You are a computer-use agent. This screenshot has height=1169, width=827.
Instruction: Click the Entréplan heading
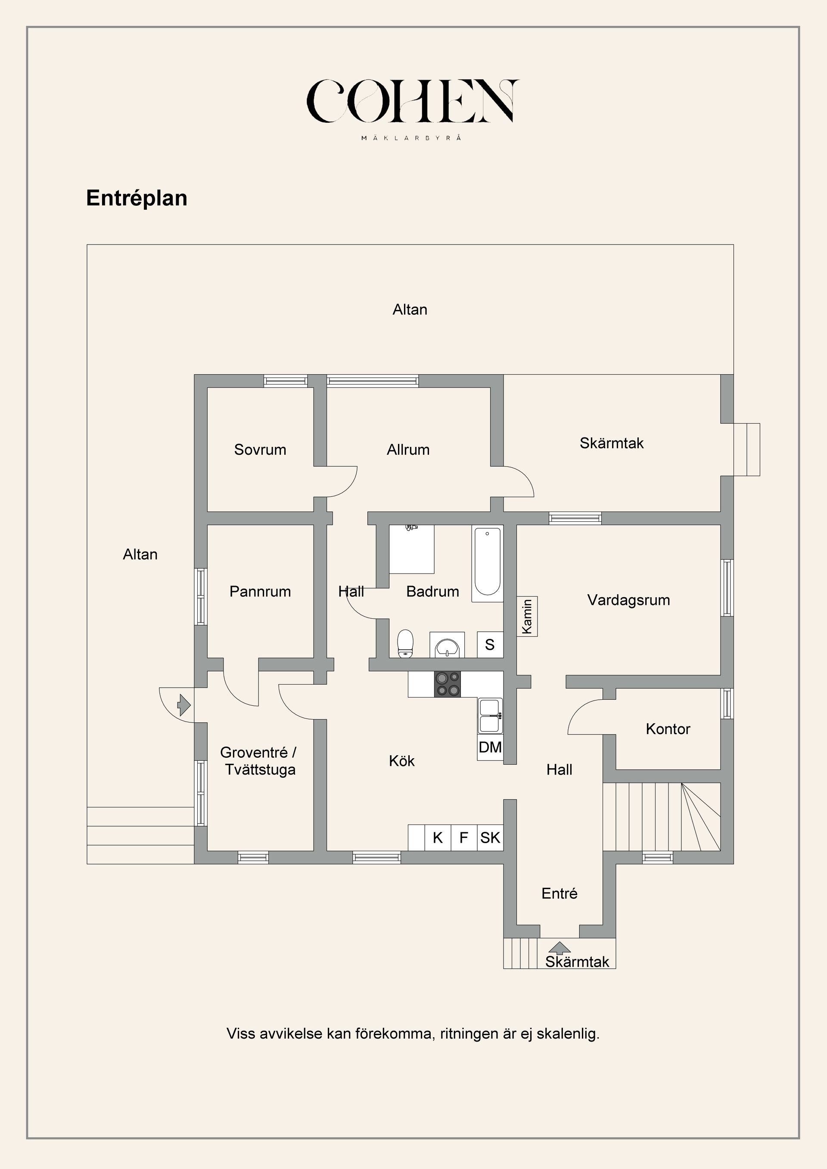click(x=137, y=198)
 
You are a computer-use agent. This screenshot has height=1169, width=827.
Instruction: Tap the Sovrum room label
click(x=260, y=450)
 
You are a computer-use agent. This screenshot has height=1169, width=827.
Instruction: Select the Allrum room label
click(x=408, y=450)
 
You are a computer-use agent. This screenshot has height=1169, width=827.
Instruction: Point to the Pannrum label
click(x=260, y=591)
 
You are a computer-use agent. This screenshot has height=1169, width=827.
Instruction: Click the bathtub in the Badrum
click(x=487, y=564)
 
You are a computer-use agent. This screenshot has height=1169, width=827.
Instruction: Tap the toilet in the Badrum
click(x=405, y=644)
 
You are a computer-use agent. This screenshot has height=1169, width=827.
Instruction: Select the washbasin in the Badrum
click(x=447, y=645)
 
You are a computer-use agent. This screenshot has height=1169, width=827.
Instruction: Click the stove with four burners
click(x=447, y=684)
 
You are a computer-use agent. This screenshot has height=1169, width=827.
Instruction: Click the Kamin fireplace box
click(x=527, y=616)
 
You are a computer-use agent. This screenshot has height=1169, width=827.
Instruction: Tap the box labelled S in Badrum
click(x=490, y=645)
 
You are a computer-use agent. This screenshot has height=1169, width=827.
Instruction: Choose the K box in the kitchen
click(x=438, y=837)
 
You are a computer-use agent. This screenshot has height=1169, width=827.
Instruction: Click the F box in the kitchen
click(x=464, y=837)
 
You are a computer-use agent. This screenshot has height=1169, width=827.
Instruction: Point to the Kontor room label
click(x=668, y=729)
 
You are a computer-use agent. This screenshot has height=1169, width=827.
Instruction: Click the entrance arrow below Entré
click(x=560, y=948)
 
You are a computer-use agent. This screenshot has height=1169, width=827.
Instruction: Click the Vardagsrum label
click(x=628, y=600)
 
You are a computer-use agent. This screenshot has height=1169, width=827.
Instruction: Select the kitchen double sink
click(x=490, y=715)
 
